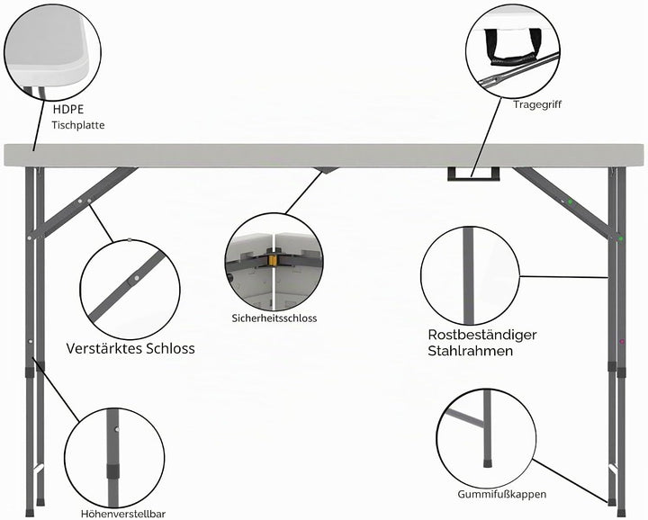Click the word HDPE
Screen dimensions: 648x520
coord(68,109)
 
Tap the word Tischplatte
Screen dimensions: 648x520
coord(78,125)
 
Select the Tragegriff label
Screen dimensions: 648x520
coord(537,104)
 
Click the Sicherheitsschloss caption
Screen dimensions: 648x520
coord(274,318)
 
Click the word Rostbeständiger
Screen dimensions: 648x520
coord(482,334)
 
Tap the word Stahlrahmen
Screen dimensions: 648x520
coord(471,351)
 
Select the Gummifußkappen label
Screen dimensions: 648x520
coord(501,494)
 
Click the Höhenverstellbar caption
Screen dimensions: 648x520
coord(123,514)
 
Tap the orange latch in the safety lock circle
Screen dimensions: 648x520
coord(272,261)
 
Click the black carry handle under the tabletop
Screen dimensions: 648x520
coord(473,174)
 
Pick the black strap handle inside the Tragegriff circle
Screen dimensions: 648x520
coord(512,48)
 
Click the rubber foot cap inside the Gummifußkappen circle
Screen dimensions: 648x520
coord(488,462)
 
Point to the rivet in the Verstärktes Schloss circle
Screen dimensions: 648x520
coord(134,280)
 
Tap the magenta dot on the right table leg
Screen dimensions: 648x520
coord(622,342)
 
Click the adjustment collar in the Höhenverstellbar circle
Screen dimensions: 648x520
coord(112,471)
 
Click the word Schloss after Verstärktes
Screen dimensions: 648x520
coord(169,348)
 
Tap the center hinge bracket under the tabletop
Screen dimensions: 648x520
coord(326,170)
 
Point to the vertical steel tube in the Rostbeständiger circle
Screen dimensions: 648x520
coord(468,276)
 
